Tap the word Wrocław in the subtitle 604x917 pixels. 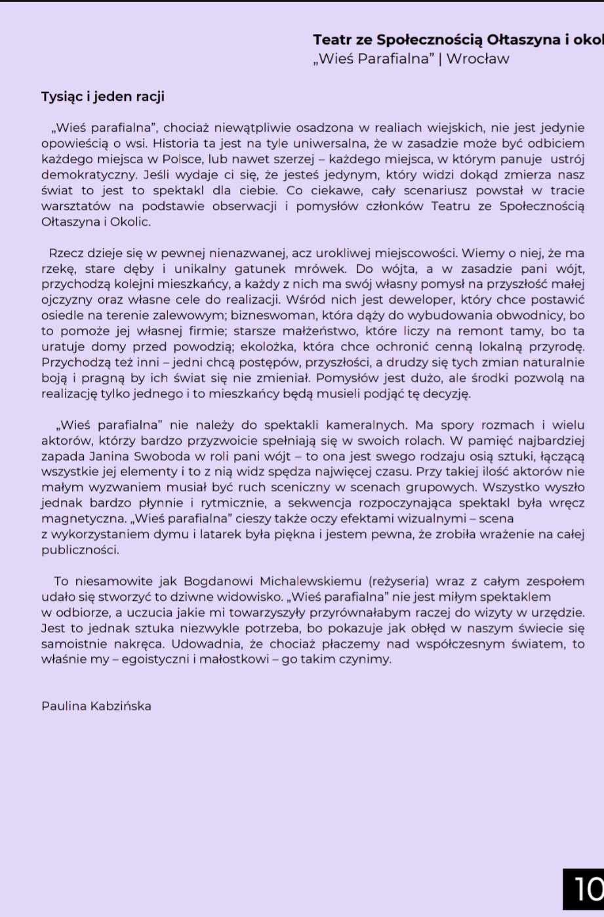pos(477,59)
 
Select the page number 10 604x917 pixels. pos(587,889)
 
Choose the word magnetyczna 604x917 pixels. pos(83,519)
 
